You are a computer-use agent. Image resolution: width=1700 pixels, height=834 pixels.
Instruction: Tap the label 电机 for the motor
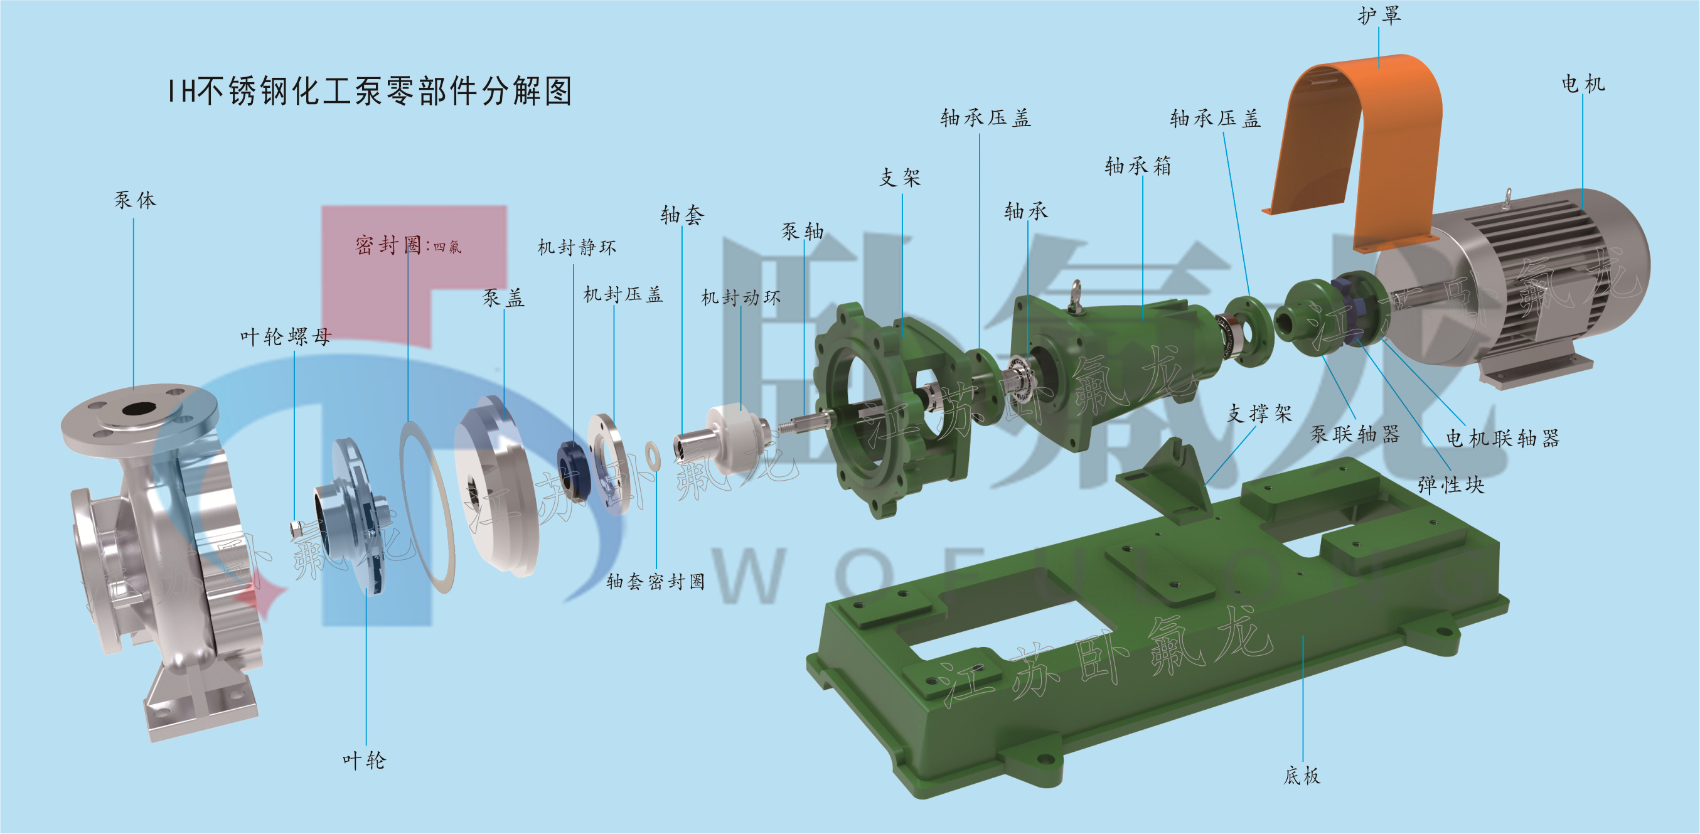pyautogui.click(x=1583, y=84)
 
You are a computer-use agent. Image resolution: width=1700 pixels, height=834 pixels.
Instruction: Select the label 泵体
pyautogui.click(x=136, y=200)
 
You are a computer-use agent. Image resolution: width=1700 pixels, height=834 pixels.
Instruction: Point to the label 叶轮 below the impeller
pyautogui.click(x=364, y=760)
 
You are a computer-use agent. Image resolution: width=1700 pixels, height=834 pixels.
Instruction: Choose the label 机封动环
pyautogui.click(x=740, y=297)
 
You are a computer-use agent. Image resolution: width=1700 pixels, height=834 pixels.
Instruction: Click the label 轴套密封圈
pyautogui.click(x=655, y=581)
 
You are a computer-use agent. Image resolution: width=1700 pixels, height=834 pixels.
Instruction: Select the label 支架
pyautogui.click(x=900, y=177)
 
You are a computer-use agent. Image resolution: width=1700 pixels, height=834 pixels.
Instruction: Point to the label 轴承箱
pyautogui.click(x=1138, y=166)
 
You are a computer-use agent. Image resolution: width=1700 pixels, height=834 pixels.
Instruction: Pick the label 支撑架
pyautogui.click(x=1259, y=414)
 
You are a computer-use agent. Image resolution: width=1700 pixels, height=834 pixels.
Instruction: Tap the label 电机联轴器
pyautogui.click(x=1503, y=438)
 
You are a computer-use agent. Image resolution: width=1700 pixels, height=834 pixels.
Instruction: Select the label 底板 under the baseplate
pyautogui.click(x=1302, y=775)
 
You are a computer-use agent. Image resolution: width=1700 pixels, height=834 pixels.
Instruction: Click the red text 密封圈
pyautogui.click(x=388, y=245)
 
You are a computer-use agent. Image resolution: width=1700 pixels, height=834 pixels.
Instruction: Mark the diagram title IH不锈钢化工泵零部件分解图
pyautogui.click(x=370, y=91)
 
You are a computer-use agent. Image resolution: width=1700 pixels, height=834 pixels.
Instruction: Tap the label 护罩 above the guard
pyautogui.click(x=1379, y=16)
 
